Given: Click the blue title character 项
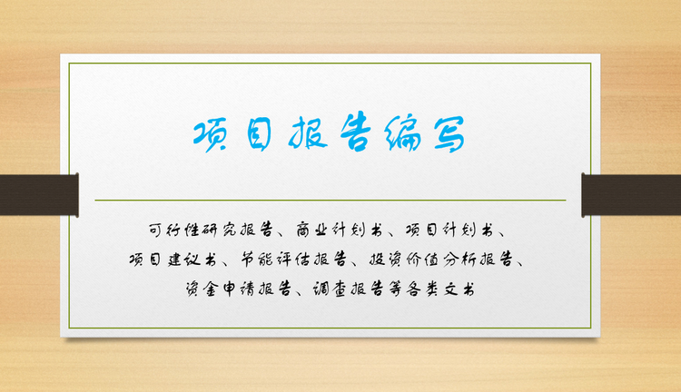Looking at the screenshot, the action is pos(211,135).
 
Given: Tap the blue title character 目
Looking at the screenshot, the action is pos(259,134).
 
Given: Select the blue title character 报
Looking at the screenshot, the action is pos(308,132).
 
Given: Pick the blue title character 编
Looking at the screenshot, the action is pos(402,133).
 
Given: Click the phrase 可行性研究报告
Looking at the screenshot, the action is pos(211,230).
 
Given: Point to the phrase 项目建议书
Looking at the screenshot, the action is pos(173,260).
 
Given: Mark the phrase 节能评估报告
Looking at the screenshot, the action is pos(294,260).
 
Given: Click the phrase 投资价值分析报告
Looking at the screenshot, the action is pos(440,260).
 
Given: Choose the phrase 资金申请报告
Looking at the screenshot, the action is pos(238,289).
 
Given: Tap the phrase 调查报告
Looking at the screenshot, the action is pos(349,289).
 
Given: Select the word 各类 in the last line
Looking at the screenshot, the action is pos(421,289).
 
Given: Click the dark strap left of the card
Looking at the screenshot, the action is pos(39,195).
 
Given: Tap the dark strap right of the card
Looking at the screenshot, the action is pos(631,195).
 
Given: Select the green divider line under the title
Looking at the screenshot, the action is pos(331,201).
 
